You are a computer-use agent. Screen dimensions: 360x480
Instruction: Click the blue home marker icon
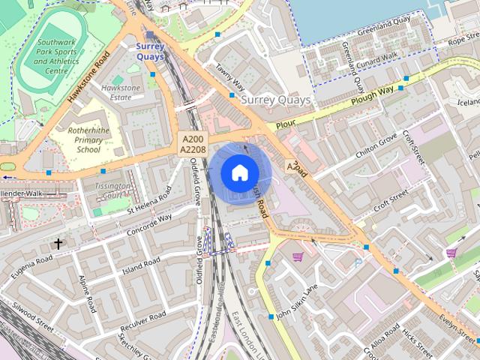pos(239,173)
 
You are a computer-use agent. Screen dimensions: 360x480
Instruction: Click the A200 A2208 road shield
pos(192,144)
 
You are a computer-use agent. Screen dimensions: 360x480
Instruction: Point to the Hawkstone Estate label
pos(121,92)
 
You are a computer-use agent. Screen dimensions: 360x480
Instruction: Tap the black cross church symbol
pos(58,244)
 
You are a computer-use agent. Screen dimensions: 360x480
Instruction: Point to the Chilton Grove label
pos(376,147)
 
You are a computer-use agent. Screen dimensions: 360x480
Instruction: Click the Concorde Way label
pos(149,223)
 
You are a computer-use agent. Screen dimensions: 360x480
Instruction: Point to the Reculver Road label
pos(142,322)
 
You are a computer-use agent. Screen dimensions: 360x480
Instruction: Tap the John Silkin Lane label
pos(297,301)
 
